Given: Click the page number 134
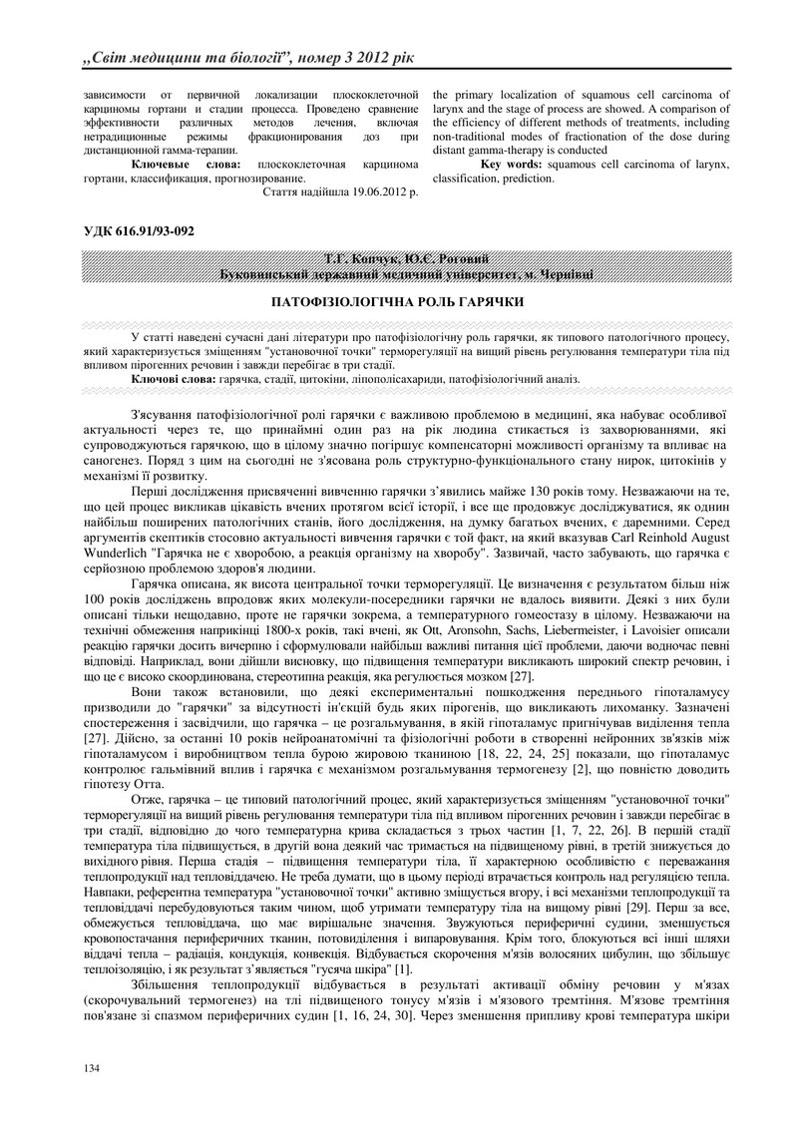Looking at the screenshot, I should pos(91,1068).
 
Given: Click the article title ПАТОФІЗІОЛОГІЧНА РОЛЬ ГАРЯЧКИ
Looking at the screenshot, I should pos(398,300).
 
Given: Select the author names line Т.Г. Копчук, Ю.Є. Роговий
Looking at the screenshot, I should pos(398,259).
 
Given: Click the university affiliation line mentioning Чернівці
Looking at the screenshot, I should pos(398,273).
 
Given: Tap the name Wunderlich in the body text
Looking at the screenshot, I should pos(110,551).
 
